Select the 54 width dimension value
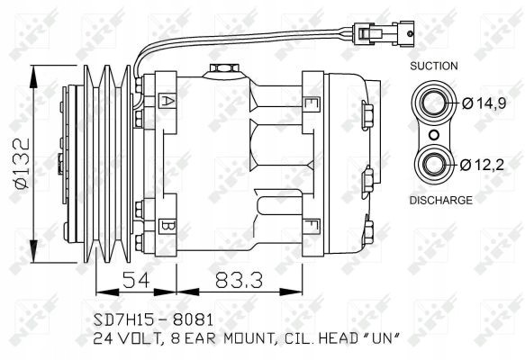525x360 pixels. [x=136, y=280]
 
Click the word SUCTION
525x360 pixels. [x=433, y=66]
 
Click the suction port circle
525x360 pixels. [x=434, y=103]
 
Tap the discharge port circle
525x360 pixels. [x=434, y=164]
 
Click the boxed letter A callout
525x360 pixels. [x=167, y=102]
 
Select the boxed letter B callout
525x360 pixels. [x=167, y=225]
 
